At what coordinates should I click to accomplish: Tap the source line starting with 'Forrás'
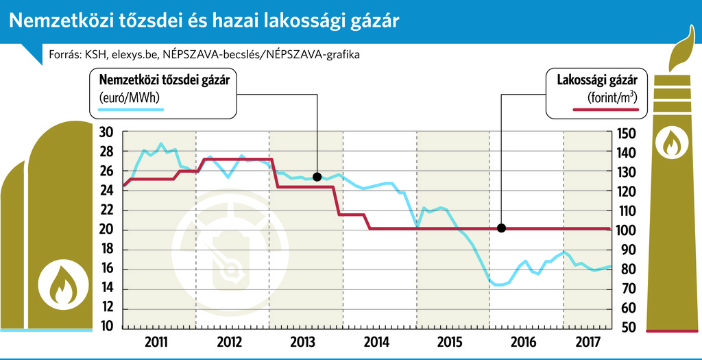click(x=204, y=53)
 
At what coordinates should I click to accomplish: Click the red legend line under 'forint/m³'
click(x=603, y=110)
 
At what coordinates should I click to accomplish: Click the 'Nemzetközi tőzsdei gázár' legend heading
click(x=164, y=80)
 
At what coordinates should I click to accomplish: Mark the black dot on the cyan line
click(x=317, y=177)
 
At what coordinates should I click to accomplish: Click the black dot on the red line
click(x=501, y=228)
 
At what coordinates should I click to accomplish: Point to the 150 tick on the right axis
click(x=627, y=132)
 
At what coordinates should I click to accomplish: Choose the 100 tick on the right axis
click(x=627, y=230)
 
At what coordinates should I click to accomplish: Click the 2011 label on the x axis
click(x=158, y=341)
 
